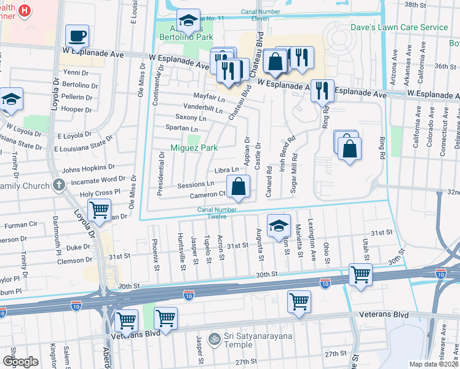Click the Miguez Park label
194,148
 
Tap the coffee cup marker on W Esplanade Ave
77,36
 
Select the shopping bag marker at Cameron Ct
238,186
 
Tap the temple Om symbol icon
215,338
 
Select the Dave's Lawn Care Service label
399,27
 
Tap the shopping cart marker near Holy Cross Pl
99,210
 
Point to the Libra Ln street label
226,170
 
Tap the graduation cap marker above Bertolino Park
188,21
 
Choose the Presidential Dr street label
161,173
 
